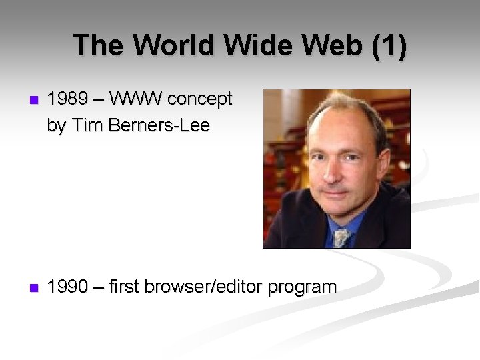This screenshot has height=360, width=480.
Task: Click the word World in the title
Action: click(x=175, y=46)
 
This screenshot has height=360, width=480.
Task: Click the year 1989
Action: click(x=67, y=99)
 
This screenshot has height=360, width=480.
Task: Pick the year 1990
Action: click(x=67, y=287)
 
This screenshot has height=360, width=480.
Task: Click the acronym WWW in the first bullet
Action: click(x=137, y=99)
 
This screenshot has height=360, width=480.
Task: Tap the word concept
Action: click(x=200, y=100)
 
